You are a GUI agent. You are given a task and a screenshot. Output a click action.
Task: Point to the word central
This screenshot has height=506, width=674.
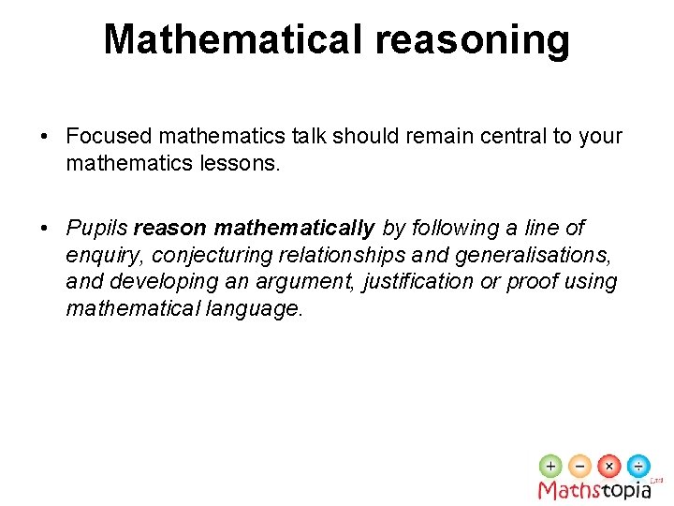[x=511, y=136]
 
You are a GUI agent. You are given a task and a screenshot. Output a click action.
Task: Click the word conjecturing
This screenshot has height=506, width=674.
[x=209, y=255]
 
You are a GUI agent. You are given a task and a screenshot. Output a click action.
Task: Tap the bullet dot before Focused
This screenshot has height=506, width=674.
[x=45, y=137]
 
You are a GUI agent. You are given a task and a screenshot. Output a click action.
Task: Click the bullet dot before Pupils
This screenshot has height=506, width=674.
[x=45, y=229]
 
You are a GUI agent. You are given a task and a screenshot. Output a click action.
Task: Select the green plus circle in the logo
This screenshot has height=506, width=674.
[x=551, y=466]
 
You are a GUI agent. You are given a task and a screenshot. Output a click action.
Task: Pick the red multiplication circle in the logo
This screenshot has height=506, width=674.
[x=609, y=466]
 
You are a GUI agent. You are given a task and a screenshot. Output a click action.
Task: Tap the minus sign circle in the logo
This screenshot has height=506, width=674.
[x=580, y=466]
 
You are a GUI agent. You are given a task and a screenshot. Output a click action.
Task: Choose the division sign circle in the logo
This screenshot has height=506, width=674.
[x=638, y=466]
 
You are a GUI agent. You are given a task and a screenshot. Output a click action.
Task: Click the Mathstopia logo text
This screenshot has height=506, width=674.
[x=593, y=489]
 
